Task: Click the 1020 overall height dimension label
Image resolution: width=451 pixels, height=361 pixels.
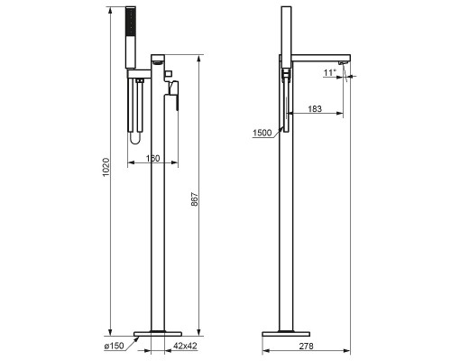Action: pos(106,167)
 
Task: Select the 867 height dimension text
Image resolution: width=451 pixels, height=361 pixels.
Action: pos(195,199)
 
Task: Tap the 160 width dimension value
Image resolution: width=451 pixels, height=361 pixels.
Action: pos(153,158)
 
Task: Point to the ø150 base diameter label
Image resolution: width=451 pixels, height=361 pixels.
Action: pos(114,346)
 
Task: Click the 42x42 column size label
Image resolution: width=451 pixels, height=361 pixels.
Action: pos(185,346)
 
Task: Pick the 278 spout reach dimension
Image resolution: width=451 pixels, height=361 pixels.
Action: pos(306,346)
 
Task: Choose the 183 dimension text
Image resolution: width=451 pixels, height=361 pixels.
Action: pos(315,108)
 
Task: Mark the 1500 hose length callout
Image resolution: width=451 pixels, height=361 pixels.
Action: pos(262,133)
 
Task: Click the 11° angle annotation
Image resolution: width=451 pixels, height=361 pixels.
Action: pos(329,72)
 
